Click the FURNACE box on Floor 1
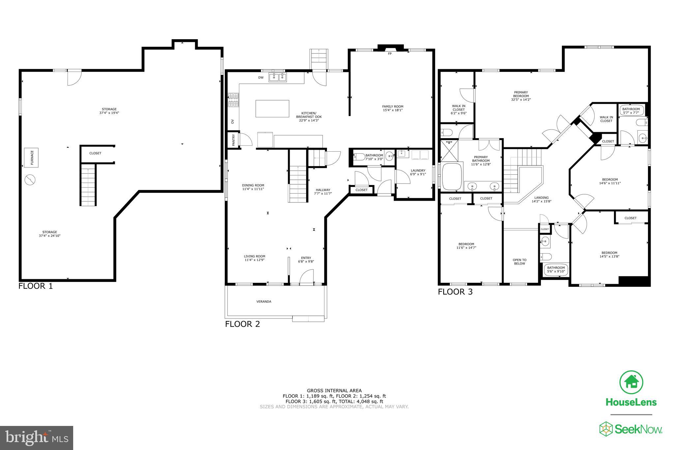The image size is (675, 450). [x=31, y=158]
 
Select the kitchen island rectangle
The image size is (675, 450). [x=272, y=108]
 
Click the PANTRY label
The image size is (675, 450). [x=233, y=140]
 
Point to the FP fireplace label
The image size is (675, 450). [x=390, y=53]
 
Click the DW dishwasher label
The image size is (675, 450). [x=261, y=78]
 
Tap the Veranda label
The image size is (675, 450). [x=264, y=301]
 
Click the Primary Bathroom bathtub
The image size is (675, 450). [x=452, y=176]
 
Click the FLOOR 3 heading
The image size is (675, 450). [x=455, y=292]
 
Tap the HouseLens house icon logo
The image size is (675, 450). [x=631, y=382]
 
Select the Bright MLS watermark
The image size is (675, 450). [x=37, y=438]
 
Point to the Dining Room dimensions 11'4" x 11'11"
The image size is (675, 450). [x=253, y=189]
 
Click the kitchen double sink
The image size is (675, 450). [x=278, y=77]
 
